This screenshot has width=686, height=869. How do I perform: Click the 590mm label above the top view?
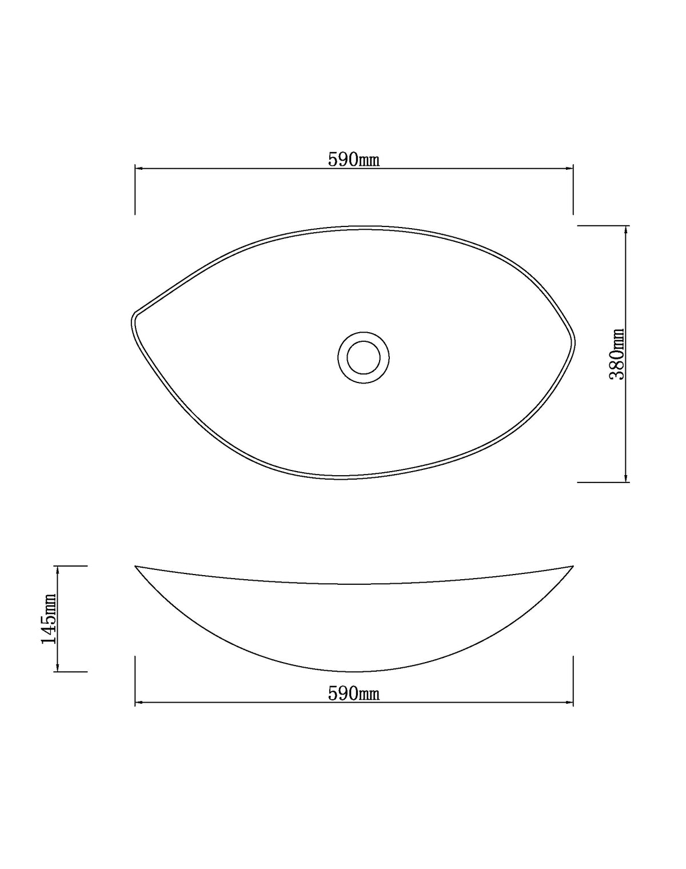point(353,160)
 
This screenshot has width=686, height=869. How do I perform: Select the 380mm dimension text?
point(617,354)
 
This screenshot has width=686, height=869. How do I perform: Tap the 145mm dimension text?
point(49,618)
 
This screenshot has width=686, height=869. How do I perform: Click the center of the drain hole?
point(364,357)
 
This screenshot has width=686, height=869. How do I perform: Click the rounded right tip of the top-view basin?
point(574,343)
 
